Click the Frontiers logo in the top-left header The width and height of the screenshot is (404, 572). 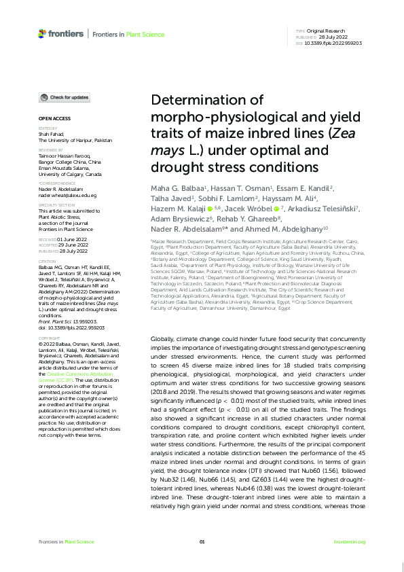60,33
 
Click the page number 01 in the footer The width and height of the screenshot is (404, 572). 202,541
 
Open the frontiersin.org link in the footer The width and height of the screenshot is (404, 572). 350,541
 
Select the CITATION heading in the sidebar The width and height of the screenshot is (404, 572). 46,260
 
